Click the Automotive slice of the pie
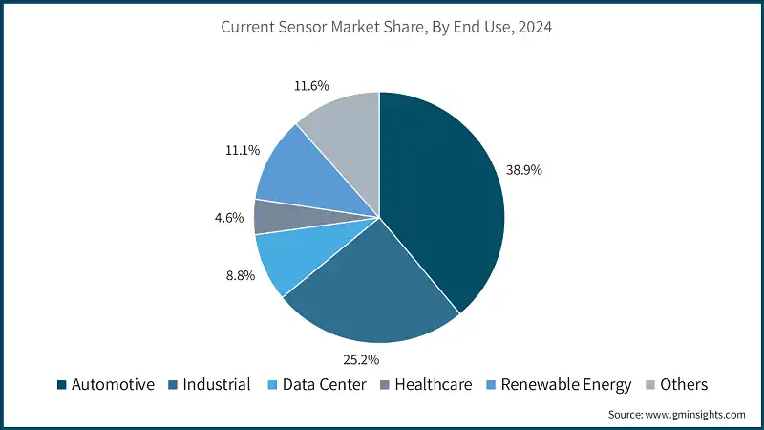pyautogui.click(x=439, y=201)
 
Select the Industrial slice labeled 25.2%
pyautogui.click(x=372, y=287)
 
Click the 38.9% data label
pyautogui.click(x=524, y=169)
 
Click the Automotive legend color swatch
pyautogui.click(x=62, y=385)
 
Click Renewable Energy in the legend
pyautogui.click(x=566, y=385)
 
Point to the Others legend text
pyautogui.click(x=683, y=385)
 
